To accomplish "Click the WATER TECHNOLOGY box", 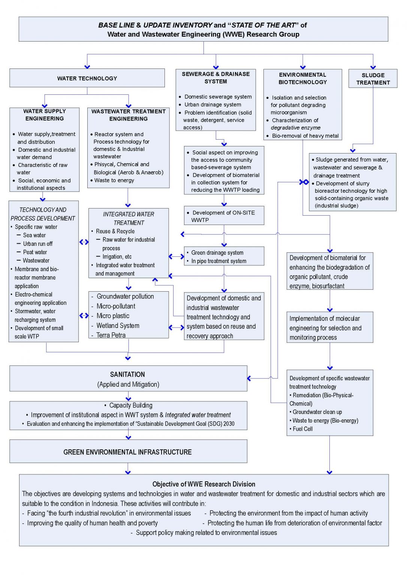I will click(87, 78).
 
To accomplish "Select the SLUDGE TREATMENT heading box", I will click(373, 79).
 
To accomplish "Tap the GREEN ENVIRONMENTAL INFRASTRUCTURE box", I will click(128, 452).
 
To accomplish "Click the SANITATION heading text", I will click(127, 374).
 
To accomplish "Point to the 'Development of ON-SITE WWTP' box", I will click(224, 216).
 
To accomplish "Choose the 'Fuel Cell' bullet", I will click(302, 429).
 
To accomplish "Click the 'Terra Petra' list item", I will click(111, 335).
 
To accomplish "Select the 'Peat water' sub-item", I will click(35, 252).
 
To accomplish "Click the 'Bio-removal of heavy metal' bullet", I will click(305, 136).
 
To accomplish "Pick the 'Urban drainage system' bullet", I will click(212, 105).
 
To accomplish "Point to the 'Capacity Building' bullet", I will click(130, 405).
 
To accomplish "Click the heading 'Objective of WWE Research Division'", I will click(203, 484).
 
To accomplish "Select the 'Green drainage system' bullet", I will click(217, 253).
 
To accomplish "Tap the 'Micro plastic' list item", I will click(113, 316).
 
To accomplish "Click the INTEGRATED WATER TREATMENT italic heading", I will click(129, 218).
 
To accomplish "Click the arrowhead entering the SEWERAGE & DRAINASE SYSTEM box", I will click(216, 67).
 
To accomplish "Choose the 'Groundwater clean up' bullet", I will click(317, 412).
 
